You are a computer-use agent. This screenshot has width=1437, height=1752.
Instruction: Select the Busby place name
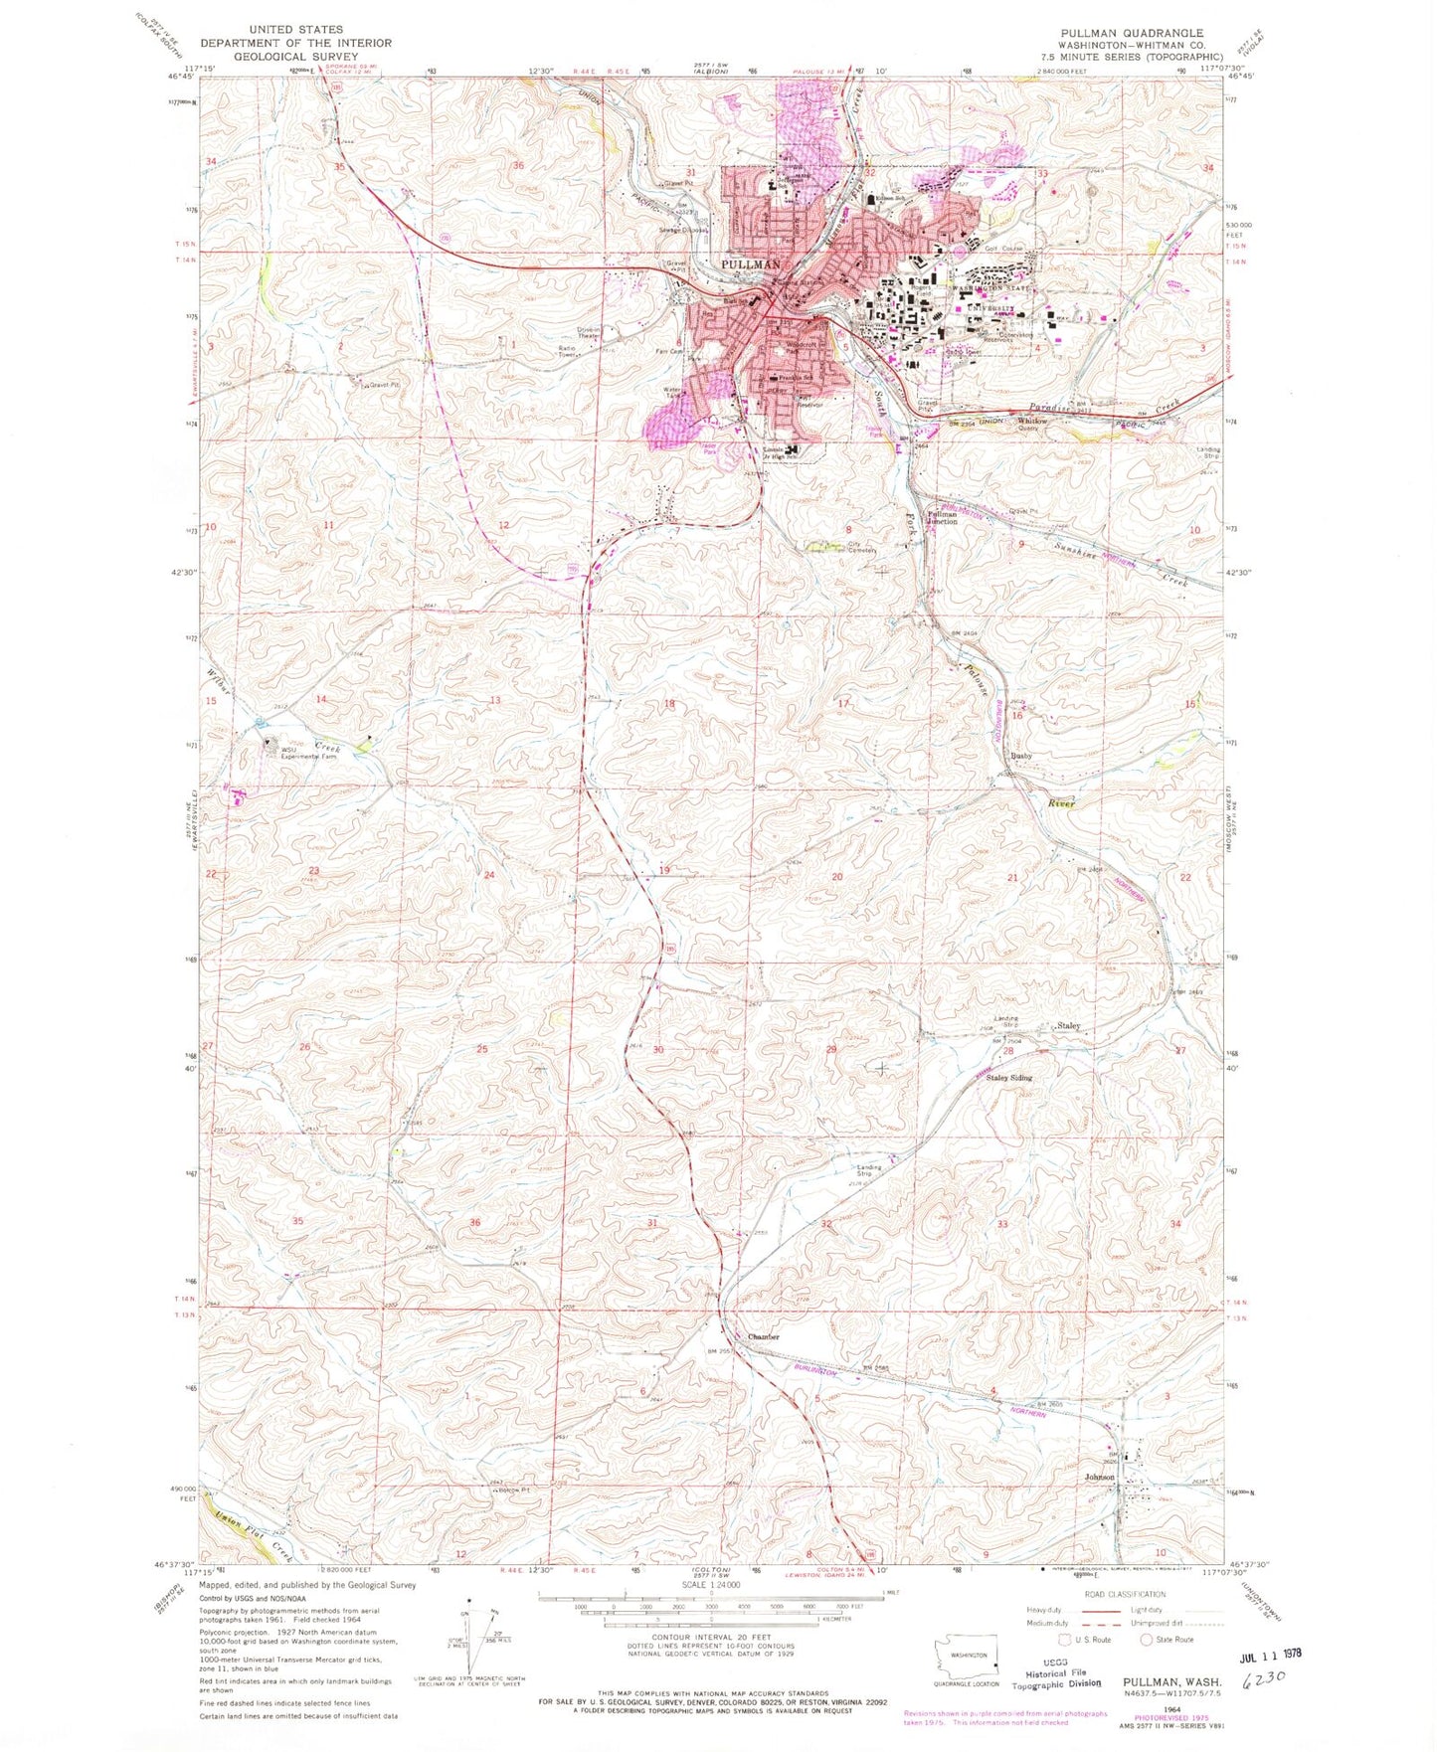tap(1021, 756)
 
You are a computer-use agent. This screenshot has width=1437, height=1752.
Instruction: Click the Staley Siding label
tap(1008, 1077)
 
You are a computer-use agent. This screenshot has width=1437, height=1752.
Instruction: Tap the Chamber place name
tap(763, 1337)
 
